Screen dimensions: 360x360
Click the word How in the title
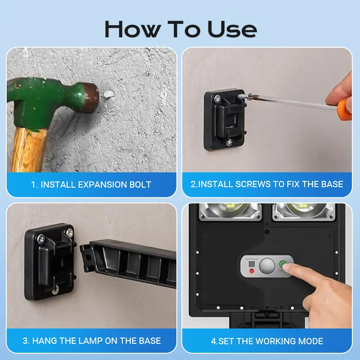click(x=132, y=29)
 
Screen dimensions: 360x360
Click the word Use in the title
click(x=232, y=29)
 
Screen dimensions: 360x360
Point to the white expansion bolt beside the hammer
click(x=109, y=94)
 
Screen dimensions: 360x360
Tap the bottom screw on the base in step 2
click(x=229, y=143)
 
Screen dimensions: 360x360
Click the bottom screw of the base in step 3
click(x=55, y=291)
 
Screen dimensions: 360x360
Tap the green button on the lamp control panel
click(x=283, y=264)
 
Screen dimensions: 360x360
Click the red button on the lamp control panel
click(x=252, y=271)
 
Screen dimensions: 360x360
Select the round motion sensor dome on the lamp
click(x=267, y=266)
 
